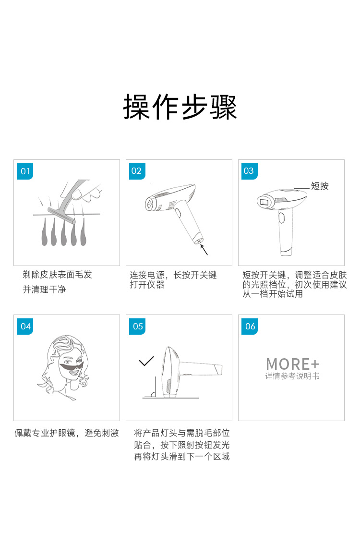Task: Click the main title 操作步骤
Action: tap(180, 107)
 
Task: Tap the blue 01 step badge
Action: tap(25, 171)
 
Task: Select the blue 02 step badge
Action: tap(137, 171)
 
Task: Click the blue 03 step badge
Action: tap(249, 171)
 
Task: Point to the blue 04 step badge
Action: tap(25, 327)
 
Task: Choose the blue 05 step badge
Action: tap(137, 327)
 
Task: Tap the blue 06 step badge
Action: tap(249, 327)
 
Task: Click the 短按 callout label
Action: tap(320, 186)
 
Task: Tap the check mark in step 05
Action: tap(146, 361)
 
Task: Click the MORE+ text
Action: tap(293, 364)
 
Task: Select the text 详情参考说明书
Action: tap(292, 376)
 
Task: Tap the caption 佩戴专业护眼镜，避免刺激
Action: tap(67, 433)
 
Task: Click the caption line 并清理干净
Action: tap(45, 290)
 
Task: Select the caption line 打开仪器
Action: tap(147, 285)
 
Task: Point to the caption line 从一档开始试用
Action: tap(273, 294)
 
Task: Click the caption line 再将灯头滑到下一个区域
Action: tap(182, 457)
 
